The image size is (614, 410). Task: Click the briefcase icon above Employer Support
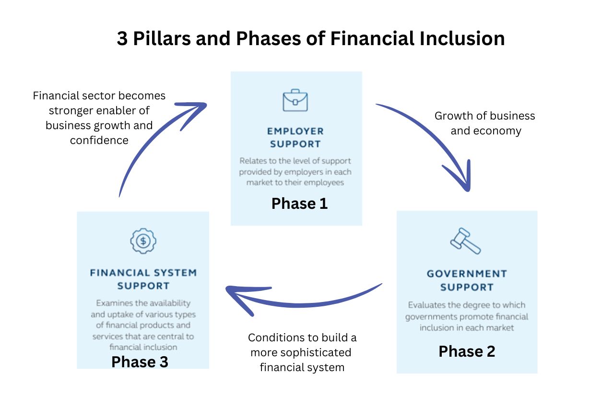click(x=295, y=100)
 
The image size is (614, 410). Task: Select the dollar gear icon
click(x=143, y=241)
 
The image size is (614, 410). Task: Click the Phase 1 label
click(x=299, y=204)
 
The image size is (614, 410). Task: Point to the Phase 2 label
click(x=467, y=351)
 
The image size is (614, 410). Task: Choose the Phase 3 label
click(x=140, y=362)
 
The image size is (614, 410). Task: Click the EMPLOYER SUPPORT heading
click(x=295, y=137)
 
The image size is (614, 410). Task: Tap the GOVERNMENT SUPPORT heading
click(x=467, y=280)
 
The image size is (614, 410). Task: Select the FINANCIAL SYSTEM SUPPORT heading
click(x=143, y=279)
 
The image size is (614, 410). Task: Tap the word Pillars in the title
click(x=162, y=38)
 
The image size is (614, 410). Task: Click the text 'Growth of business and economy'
click(x=485, y=123)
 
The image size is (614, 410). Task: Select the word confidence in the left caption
click(x=99, y=140)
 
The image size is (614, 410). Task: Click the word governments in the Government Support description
click(x=431, y=316)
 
